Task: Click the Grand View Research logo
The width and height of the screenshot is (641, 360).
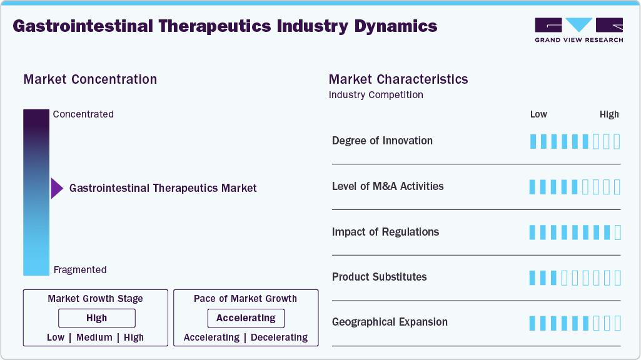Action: tap(578, 30)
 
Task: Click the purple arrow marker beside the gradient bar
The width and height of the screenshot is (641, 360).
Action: tap(57, 188)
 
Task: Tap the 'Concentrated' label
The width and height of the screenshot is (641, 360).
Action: tap(83, 114)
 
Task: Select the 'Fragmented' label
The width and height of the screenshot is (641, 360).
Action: tap(80, 270)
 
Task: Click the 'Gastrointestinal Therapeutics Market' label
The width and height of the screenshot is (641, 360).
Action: tap(163, 188)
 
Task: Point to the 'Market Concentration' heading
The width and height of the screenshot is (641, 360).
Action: tap(90, 79)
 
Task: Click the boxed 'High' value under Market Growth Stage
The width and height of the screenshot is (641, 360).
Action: tap(96, 318)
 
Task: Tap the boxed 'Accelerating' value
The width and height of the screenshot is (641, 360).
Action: tap(246, 318)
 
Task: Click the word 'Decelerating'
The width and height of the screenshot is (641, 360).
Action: tap(278, 337)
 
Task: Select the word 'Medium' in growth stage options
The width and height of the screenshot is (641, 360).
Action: tap(94, 337)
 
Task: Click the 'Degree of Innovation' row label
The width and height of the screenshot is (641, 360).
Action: tap(382, 141)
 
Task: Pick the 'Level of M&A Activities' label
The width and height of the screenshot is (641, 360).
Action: tap(388, 186)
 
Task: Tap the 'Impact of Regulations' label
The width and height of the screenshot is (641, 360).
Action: tap(385, 232)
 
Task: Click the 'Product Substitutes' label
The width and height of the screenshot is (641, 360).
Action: tap(379, 277)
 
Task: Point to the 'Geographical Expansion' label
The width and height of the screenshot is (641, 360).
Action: tap(390, 322)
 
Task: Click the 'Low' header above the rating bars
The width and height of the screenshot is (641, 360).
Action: tap(538, 114)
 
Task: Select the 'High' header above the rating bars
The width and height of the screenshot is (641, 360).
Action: tap(609, 114)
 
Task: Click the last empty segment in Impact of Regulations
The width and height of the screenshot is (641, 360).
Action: tap(618, 232)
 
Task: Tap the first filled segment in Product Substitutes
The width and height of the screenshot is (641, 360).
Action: tap(533, 277)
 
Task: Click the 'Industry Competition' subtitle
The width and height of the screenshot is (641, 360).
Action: tap(376, 95)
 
